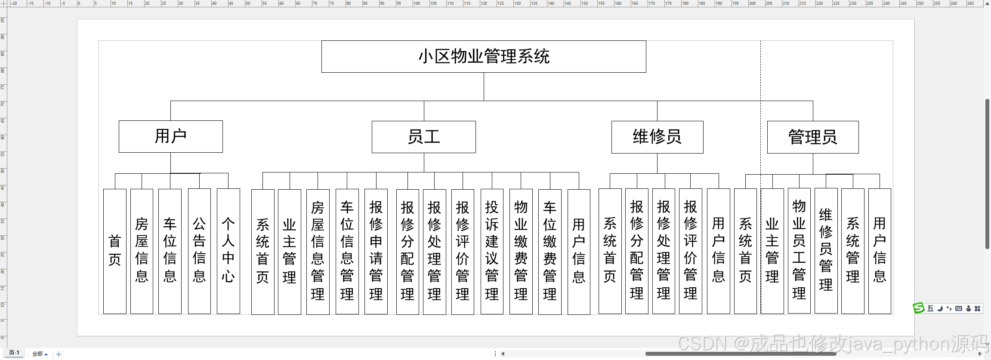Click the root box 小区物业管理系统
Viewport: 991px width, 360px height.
484,56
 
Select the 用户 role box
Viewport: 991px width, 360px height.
170,136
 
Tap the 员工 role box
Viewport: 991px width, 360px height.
423,137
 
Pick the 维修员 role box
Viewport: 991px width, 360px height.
657,137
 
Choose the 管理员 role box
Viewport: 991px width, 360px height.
812,137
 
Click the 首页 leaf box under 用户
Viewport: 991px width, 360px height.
115,251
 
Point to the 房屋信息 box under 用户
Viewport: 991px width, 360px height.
142,251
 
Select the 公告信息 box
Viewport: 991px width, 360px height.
199,251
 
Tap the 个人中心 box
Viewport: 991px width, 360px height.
228,251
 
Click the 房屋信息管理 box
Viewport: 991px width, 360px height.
318,251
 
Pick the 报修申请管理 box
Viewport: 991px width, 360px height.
376,251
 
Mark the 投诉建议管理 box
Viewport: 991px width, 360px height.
492,251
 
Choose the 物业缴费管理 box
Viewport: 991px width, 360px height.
521,251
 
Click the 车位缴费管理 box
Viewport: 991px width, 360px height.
550,251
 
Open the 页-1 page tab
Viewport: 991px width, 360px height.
14,353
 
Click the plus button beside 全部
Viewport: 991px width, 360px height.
59,354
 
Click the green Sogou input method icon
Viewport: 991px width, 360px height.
918,308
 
